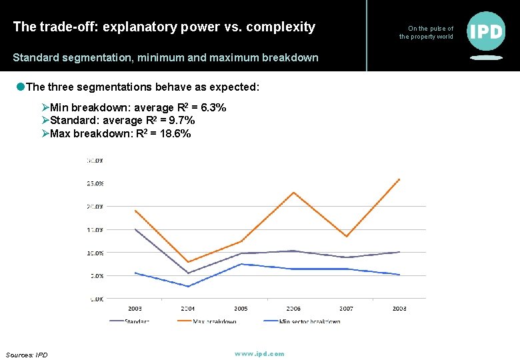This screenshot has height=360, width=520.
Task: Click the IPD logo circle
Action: [486, 31]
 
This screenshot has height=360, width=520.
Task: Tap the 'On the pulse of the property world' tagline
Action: [427, 33]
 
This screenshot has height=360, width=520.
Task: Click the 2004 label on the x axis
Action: [188, 309]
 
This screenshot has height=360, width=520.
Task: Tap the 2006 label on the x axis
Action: [293, 309]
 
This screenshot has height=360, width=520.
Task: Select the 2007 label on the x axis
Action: [346, 309]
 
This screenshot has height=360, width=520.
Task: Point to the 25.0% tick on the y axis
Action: [94, 183]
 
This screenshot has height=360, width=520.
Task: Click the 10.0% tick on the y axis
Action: [94, 253]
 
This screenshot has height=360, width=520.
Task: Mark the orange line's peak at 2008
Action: [399, 179]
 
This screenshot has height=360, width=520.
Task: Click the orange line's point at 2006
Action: [293, 193]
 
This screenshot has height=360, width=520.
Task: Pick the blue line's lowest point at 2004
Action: [188, 287]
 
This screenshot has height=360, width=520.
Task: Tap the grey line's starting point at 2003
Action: [135, 229]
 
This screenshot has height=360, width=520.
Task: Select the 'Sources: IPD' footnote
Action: [27, 355]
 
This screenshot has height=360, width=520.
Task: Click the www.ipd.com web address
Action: [259, 353]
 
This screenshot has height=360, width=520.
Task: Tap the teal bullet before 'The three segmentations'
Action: [21, 88]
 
